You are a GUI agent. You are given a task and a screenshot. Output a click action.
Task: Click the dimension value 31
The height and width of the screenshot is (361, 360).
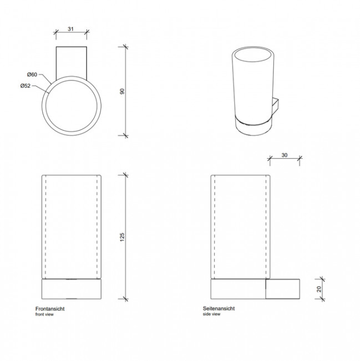pyautogui.click(x=70, y=29)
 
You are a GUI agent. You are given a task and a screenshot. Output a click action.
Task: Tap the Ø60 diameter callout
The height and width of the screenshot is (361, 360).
pyautogui.click(x=32, y=74)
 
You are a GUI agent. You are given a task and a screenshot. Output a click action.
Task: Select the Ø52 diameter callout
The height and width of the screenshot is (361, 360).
pyautogui.click(x=26, y=86)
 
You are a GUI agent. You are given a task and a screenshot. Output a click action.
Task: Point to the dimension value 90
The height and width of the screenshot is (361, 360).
pyautogui.click(x=122, y=92)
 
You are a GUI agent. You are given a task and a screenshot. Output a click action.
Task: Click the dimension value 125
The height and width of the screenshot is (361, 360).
pyautogui.click(x=122, y=237)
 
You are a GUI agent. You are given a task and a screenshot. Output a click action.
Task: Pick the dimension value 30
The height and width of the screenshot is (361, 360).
pyautogui.click(x=285, y=155)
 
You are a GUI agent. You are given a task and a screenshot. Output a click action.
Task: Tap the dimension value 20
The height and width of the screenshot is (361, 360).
pyautogui.click(x=319, y=289)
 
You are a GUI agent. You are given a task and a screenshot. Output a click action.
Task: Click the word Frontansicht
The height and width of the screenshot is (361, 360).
pyautogui.click(x=50, y=309)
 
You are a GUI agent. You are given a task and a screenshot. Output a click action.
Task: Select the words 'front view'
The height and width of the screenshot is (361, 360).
pyautogui.click(x=44, y=314)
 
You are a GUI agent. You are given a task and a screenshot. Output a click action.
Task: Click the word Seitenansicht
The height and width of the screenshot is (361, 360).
pyautogui.click(x=219, y=308)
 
